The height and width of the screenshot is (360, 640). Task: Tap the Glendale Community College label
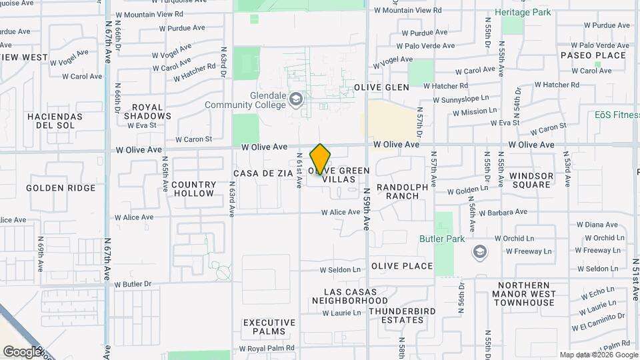click(245, 100)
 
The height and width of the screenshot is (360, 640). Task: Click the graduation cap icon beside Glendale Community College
click(295, 101)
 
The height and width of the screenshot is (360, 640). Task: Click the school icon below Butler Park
click(479, 252)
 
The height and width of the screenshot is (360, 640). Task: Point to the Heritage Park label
click(523, 13)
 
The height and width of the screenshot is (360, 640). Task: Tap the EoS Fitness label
click(617, 115)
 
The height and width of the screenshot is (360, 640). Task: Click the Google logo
click(21, 351)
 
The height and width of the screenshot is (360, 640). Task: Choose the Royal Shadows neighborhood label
click(147, 111)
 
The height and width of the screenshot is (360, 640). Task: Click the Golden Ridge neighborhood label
click(61, 188)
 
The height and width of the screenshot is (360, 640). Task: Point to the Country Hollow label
click(193, 189)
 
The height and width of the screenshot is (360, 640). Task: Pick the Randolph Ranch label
click(402, 191)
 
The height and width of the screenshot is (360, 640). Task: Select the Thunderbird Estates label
click(402, 315)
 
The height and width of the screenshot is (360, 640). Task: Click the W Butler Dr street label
click(133, 284)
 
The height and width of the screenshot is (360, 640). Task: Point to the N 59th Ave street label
click(367, 209)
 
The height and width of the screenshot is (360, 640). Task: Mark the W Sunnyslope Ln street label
click(465, 100)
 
